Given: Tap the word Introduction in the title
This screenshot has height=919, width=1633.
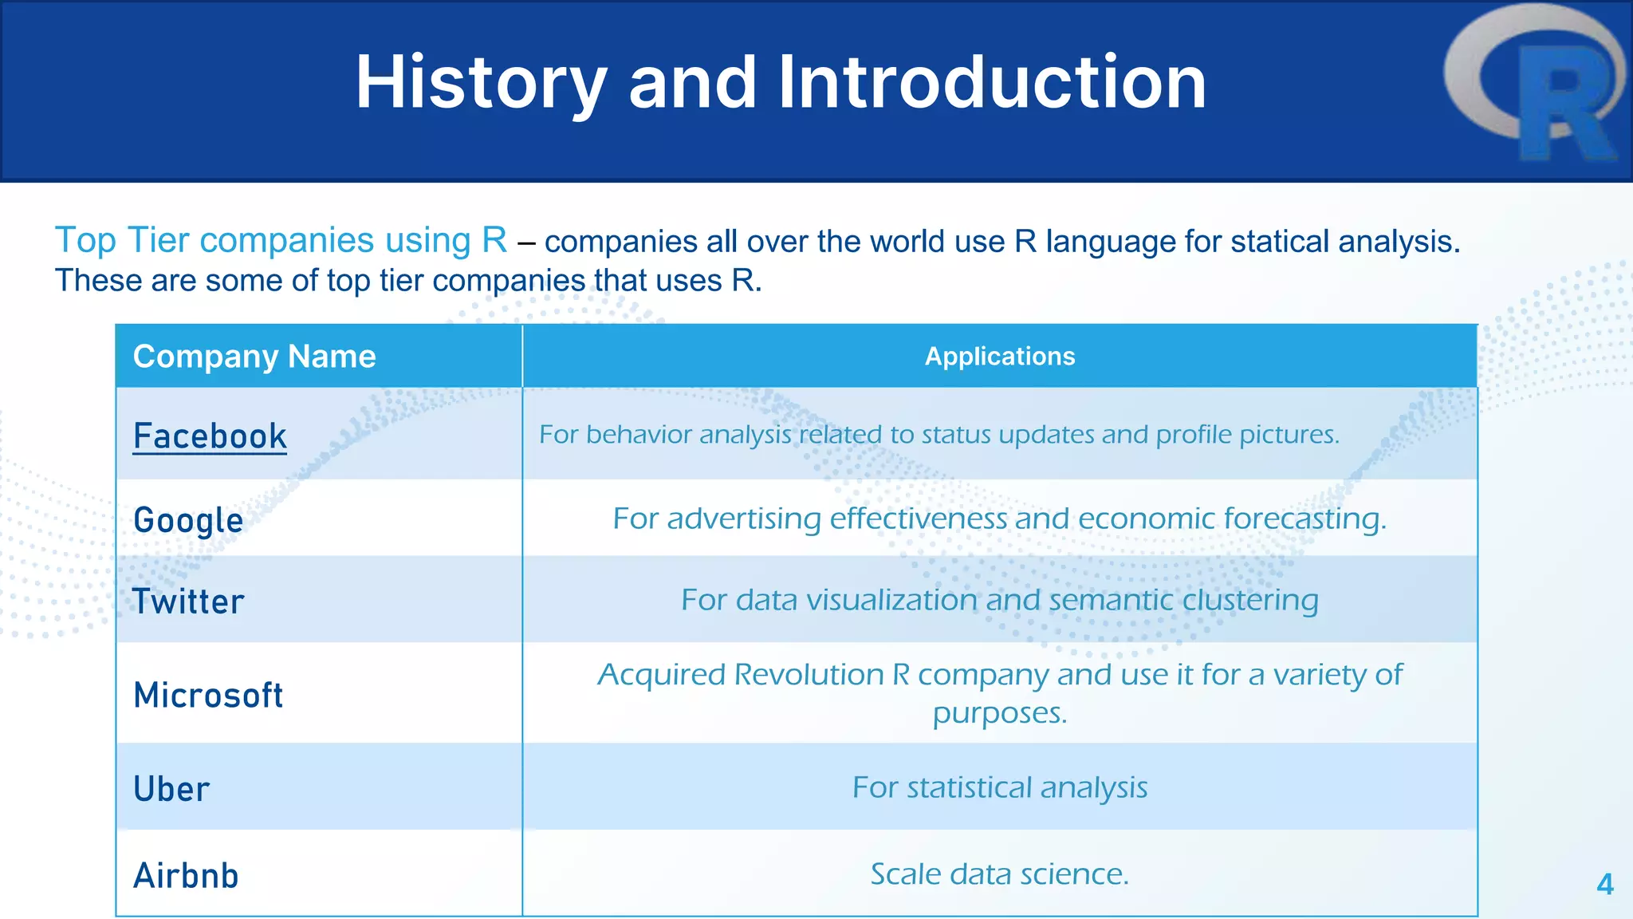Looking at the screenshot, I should (992, 83).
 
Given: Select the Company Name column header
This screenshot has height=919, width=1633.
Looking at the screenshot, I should (254, 357).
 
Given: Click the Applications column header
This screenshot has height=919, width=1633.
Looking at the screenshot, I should (999, 357).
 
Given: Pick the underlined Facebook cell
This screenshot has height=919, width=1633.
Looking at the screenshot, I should (210, 436).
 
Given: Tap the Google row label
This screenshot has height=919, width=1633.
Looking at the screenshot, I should (188, 520).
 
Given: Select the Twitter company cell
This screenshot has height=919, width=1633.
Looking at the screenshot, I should (188, 601).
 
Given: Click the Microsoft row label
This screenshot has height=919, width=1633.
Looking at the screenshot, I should (208, 695).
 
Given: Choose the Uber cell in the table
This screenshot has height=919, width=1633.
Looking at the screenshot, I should (171, 789).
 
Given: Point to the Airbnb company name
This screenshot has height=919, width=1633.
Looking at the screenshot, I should (186, 875).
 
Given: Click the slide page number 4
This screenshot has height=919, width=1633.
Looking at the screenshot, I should (1605, 884).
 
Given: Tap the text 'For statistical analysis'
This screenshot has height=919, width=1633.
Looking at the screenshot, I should (999, 787).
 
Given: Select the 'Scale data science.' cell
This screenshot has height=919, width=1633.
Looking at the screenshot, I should (999, 874).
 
